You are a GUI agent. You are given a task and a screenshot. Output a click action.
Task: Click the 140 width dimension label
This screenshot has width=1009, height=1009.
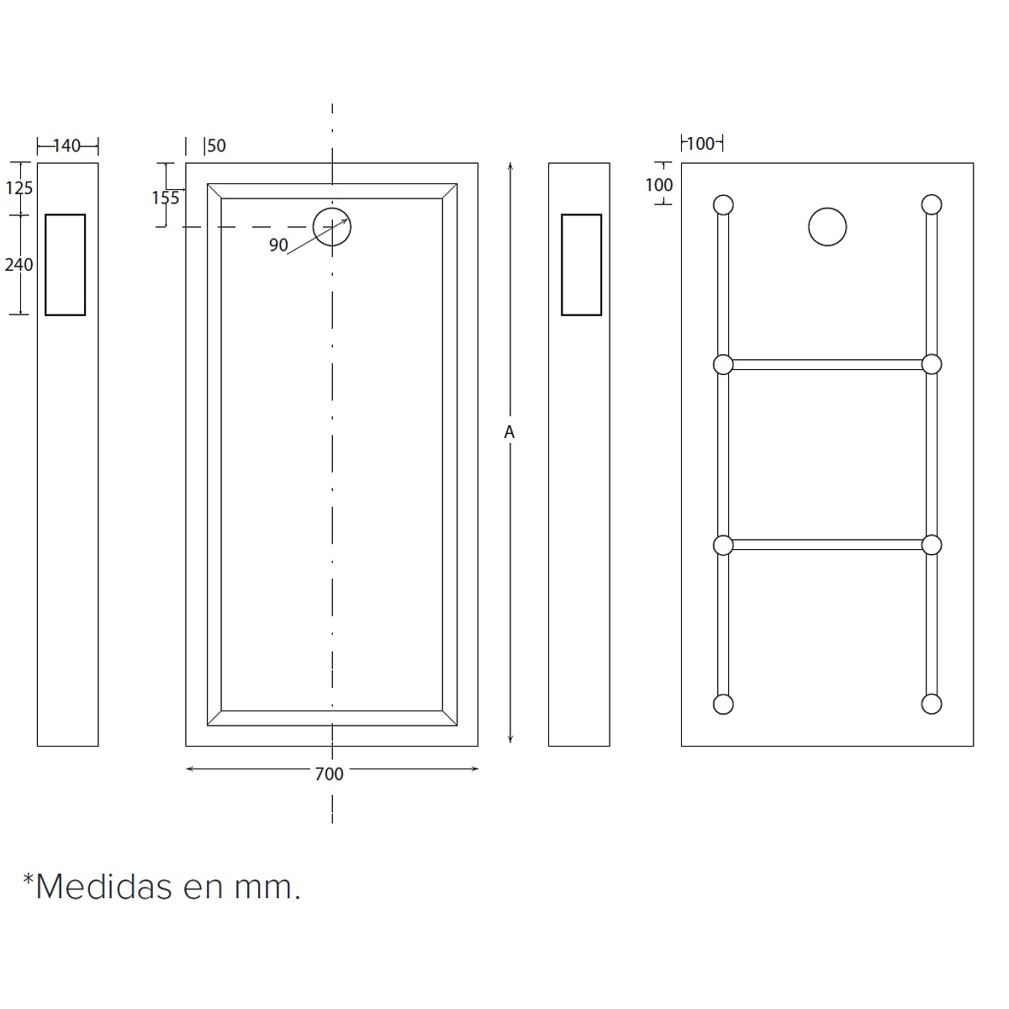tap(67, 145)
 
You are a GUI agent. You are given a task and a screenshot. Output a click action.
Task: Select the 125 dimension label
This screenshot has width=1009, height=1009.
tap(18, 188)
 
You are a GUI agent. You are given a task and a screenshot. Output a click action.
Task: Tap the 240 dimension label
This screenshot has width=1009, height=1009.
tap(18, 264)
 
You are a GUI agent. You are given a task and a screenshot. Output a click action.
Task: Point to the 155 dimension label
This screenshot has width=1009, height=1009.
tap(166, 198)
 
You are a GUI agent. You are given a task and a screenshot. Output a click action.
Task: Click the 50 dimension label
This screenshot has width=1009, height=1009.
tap(217, 145)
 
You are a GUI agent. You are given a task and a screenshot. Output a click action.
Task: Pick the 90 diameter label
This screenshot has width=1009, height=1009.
tap(278, 245)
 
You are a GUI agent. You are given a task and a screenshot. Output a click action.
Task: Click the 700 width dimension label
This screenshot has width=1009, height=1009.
tap(330, 774)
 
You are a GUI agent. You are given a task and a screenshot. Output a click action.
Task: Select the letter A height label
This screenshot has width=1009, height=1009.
tap(509, 432)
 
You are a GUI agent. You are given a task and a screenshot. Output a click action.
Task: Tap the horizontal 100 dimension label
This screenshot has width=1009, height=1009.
tap(700, 144)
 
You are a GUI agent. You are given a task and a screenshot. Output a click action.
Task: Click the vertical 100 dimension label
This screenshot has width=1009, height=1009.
tap(658, 185)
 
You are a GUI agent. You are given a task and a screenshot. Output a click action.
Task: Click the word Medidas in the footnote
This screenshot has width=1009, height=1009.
tap(103, 887)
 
